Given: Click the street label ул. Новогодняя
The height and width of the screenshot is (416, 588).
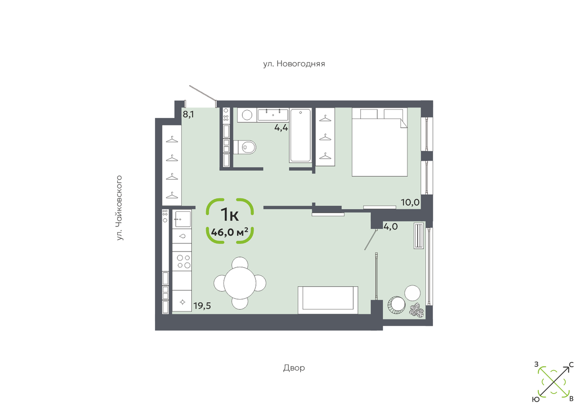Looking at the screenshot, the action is [294, 64].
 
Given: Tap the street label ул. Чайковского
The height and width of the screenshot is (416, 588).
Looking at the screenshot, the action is [119, 208].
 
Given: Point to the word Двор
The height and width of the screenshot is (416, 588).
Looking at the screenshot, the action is [294, 368].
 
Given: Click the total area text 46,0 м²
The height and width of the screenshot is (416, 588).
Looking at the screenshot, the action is [230, 232].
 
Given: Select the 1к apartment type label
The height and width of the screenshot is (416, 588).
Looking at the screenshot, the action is [230, 214].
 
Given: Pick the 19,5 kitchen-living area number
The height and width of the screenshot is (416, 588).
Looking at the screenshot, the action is [202, 306].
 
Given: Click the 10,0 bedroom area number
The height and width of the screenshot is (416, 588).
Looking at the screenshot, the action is [410, 202].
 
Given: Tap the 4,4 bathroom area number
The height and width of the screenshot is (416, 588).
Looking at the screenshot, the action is [281, 128].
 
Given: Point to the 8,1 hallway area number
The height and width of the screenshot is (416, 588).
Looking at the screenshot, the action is [188, 115].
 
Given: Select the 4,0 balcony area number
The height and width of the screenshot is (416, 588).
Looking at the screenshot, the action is [391, 226].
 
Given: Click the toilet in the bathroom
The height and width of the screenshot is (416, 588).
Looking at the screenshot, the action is [245, 147].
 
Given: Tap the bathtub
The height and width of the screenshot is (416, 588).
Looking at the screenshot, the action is [301, 135].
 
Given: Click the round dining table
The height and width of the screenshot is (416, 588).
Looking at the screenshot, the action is [240, 283].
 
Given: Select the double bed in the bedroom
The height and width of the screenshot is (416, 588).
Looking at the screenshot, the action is [380, 142].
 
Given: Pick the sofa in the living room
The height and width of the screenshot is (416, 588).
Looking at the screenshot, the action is [328, 300].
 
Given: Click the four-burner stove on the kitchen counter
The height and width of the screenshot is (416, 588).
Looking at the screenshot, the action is [183, 261].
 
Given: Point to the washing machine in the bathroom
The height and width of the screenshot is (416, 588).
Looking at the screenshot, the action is [247, 115].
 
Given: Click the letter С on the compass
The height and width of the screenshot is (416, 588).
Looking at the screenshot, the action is [571, 365].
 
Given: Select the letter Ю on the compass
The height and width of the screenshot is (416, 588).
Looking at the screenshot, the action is [536, 399].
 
